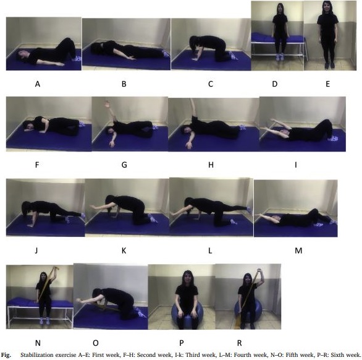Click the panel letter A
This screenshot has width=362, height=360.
point(38,84)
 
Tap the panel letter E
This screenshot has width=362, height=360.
point(327,84)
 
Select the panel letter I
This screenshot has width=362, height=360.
point(296,165)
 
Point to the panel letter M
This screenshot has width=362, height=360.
point(298,251)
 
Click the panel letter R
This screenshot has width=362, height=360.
point(240,343)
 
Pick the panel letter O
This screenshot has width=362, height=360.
point(96,343)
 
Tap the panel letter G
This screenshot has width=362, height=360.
point(124,165)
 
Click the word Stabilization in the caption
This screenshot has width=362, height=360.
point(36,355)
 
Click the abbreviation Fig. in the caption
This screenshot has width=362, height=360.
point(6,355)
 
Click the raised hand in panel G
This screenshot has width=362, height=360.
point(107,104)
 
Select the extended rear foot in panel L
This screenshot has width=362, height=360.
point(249,209)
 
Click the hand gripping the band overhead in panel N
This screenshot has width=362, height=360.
point(55,269)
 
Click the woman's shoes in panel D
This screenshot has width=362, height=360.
point(280,57)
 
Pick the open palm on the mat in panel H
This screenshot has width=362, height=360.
point(189,145)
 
